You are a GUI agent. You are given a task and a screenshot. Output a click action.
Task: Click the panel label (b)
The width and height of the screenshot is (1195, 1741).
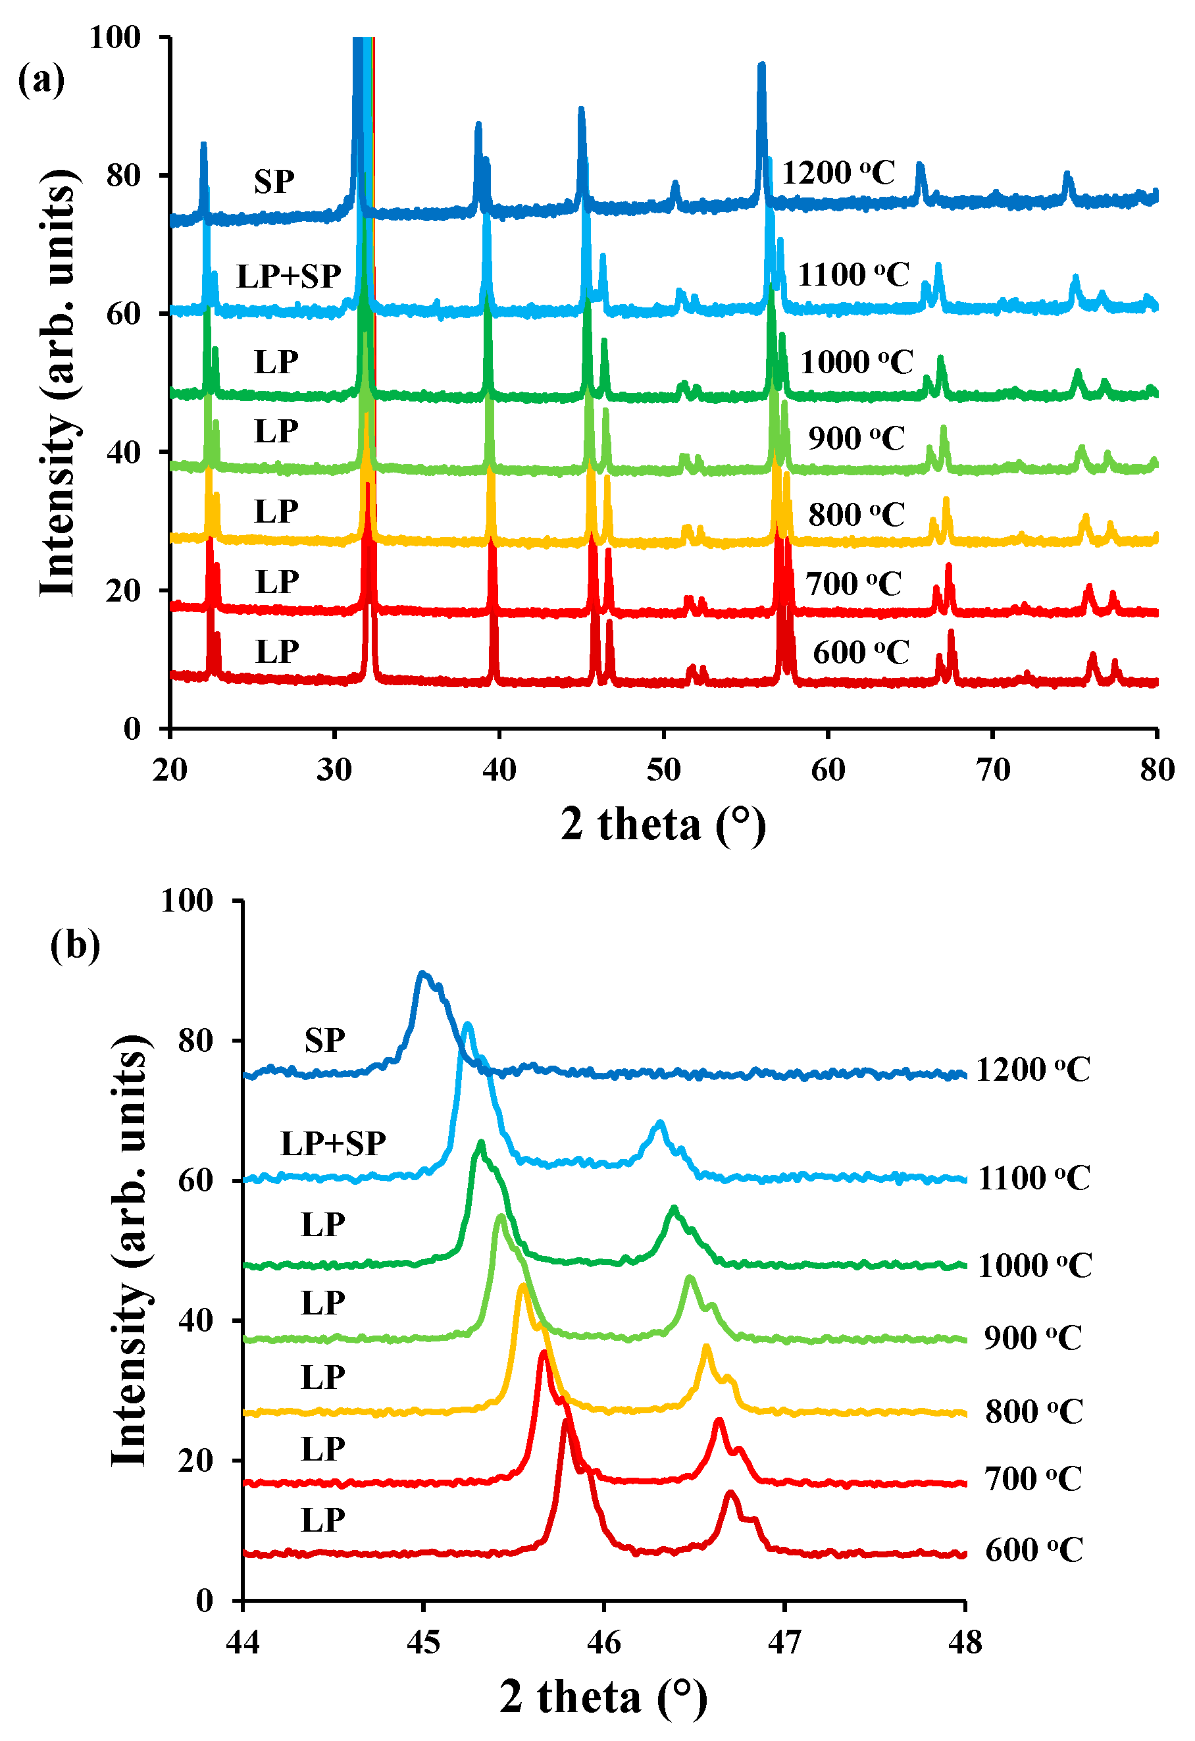click(x=75, y=945)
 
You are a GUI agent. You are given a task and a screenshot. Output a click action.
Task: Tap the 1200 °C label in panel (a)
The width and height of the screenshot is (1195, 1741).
click(x=838, y=173)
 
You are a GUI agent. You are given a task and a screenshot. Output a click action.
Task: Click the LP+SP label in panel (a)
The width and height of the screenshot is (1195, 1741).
click(x=288, y=276)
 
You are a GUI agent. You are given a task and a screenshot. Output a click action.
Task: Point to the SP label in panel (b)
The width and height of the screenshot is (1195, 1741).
click(x=324, y=1041)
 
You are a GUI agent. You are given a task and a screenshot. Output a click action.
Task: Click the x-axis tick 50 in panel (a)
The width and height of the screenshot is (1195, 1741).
click(x=663, y=770)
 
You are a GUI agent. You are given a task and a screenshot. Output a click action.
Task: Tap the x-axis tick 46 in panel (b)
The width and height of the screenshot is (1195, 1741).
click(x=603, y=1643)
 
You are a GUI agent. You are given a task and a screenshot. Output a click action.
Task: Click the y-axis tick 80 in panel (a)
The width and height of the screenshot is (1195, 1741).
click(x=124, y=176)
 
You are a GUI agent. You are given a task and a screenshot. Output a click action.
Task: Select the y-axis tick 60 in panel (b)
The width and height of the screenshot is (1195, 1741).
click(x=195, y=1181)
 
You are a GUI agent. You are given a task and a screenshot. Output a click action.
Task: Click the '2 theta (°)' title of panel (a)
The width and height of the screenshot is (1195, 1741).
click(x=663, y=825)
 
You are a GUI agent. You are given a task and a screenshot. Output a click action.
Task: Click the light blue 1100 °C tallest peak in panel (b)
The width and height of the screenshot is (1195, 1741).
click(x=468, y=1026)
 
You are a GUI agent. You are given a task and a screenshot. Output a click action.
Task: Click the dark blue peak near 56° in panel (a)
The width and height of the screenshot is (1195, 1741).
click(x=761, y=67)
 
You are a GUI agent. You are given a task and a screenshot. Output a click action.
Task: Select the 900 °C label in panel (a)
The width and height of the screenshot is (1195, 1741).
click(x=856, y=438)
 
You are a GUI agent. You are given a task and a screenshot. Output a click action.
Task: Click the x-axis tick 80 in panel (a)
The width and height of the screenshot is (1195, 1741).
click(x=1157, y=770)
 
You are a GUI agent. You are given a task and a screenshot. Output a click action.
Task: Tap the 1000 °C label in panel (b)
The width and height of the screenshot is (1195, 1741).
click(x=1034, y=1266)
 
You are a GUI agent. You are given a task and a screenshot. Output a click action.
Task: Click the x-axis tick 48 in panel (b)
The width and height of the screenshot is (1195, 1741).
click(x=965, y=1643)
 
